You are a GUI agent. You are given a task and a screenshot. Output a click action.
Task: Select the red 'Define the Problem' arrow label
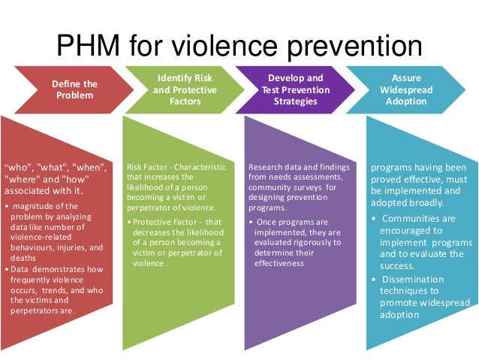click(74, 89)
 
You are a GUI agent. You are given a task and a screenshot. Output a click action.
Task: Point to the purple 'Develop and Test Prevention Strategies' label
click(295, 89)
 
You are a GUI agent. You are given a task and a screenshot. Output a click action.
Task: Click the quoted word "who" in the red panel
click(18, 166)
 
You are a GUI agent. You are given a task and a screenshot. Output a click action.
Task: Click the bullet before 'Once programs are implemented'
click(252, 222)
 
